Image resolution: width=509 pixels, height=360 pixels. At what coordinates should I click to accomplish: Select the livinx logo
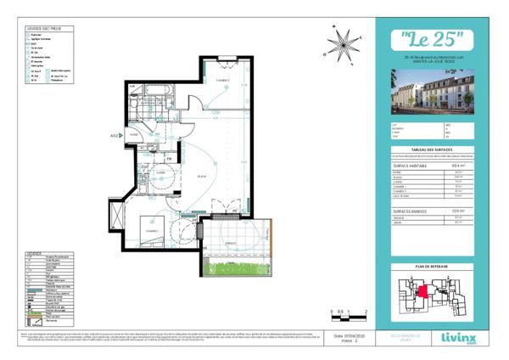point(460,337)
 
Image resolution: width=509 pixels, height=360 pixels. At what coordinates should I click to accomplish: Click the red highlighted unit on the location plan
point(422,292)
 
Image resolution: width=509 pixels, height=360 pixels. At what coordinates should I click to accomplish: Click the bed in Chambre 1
point(152,235)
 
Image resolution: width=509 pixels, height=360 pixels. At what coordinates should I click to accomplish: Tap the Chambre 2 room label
point(222,80)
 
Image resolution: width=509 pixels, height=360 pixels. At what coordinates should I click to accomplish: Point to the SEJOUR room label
point(203,176)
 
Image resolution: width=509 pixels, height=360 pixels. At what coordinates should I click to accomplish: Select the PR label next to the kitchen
point(170,159)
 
